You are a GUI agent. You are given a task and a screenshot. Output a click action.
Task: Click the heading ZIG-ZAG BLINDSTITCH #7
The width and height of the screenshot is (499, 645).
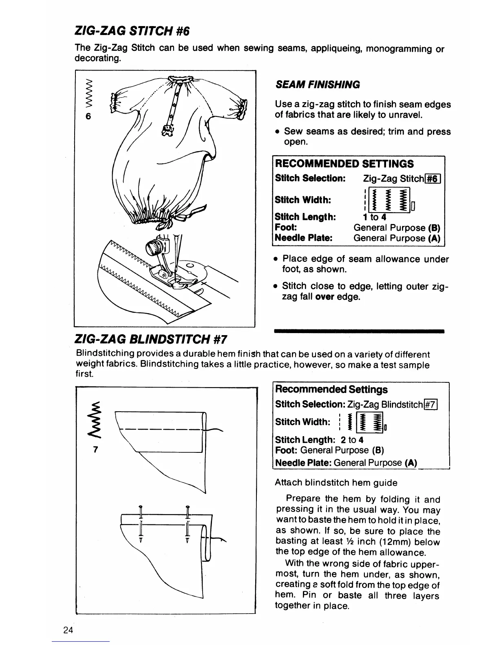click(x=152, y=339)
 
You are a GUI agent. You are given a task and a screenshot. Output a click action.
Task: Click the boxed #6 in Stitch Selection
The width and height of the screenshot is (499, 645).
click(x=433, y=178)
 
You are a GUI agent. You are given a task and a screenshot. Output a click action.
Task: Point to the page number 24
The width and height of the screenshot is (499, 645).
click(x=68, y=630)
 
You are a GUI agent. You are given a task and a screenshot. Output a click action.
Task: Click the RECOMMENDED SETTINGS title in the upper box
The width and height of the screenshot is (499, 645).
click(x=344, y=164)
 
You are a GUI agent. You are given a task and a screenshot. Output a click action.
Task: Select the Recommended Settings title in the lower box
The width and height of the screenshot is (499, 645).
click(x=331, y=390)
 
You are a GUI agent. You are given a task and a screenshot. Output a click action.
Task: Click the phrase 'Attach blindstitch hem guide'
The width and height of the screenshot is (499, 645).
click(x=336, y=483)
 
